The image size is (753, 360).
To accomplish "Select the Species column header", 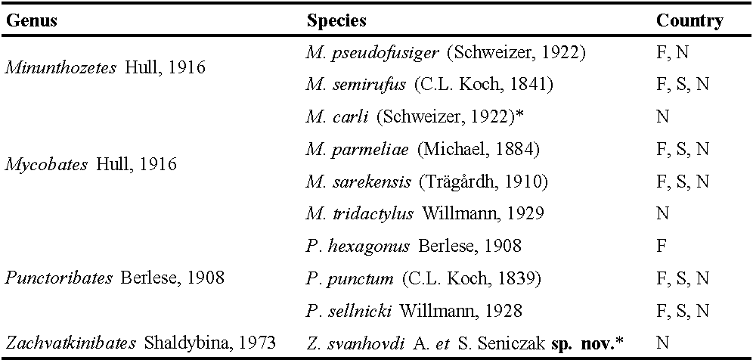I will pos(336,20).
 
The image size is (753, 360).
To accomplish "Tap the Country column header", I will pos(689,20).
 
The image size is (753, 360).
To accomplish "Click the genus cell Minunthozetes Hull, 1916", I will pos(105,68).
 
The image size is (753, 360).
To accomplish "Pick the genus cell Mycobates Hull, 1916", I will pos(90,164).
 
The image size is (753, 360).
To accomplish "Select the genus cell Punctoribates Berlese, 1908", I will pos(114,278).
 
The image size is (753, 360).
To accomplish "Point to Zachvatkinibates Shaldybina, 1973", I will pos(141,343).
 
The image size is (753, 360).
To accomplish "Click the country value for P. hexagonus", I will pos(662,247).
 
